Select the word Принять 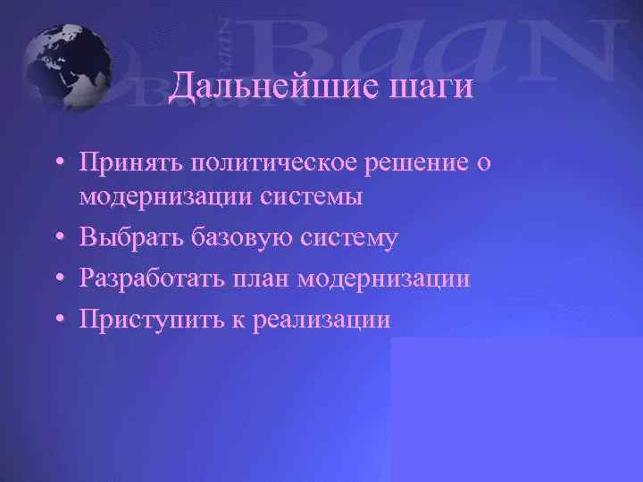click(x=130, y=163)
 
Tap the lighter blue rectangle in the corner click(x=516, y=411)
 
